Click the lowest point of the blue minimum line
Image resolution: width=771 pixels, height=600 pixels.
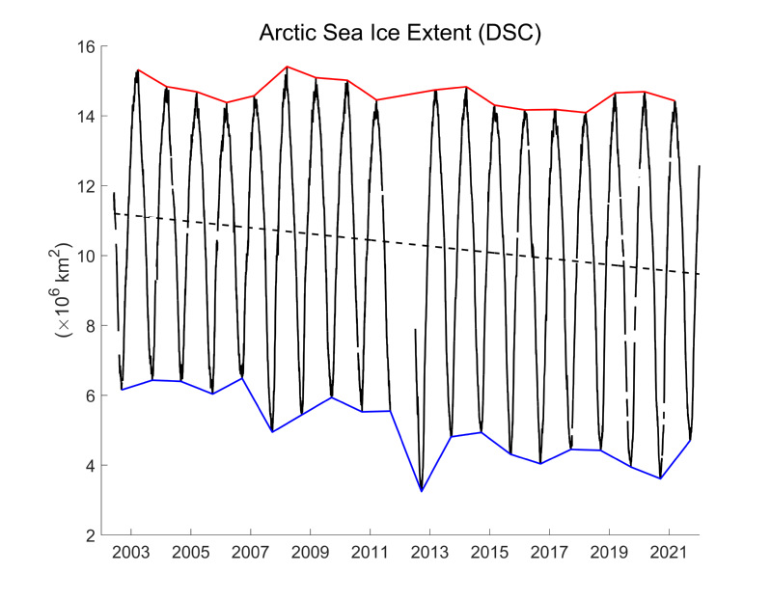[422, 491]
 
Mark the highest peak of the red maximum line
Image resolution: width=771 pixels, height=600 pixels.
[288, 67]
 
